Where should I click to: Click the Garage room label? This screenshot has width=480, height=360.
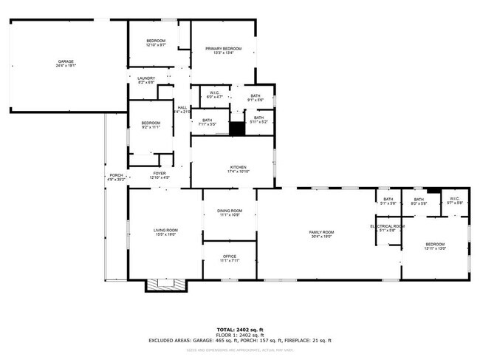pos(66,64)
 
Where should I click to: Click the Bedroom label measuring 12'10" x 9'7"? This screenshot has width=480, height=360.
pos(155,42)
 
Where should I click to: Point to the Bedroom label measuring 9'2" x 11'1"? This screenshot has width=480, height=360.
pos(151,125)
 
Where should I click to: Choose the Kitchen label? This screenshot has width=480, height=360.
pos(237,169)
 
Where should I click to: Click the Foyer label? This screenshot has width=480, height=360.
pos(160,175)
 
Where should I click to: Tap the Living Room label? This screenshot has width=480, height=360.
pos(165,232)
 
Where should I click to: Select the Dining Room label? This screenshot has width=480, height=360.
pos(229,213)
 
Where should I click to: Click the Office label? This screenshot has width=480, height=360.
pos(230,258)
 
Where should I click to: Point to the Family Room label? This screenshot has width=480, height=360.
pos(321,234)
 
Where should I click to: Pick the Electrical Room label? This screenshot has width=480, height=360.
pos(388,228)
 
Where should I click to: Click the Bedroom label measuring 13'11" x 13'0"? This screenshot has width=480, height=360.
pos(434,246)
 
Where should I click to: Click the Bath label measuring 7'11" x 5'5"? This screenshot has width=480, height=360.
pos(207,122)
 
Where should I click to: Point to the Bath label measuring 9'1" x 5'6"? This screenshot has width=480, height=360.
pos(255,98)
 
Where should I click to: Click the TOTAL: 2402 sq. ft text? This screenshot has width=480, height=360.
pos(239,329)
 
